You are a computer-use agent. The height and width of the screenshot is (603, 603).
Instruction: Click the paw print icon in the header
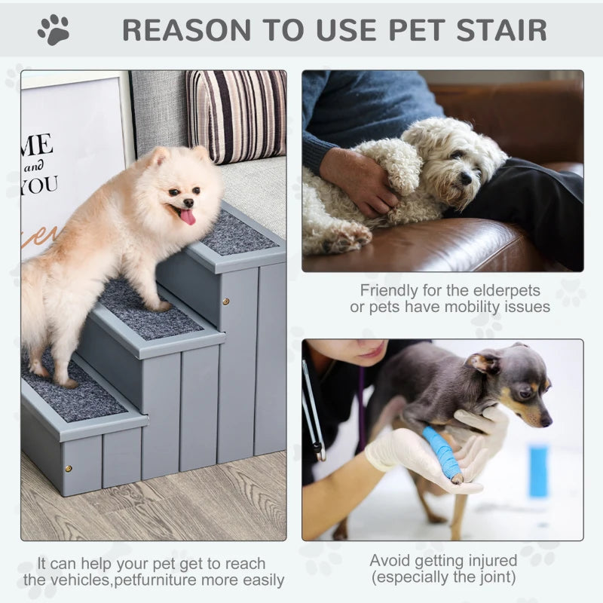pos(54,29)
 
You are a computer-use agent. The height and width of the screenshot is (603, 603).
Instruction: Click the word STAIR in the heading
pos(503,29)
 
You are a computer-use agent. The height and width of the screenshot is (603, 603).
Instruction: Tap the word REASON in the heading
pos(180,29)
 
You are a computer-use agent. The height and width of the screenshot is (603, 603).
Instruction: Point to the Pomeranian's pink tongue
pos(187,217)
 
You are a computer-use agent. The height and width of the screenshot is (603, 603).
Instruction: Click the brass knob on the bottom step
pos(68,467)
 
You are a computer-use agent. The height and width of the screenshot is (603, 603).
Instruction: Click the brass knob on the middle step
pos(226,301)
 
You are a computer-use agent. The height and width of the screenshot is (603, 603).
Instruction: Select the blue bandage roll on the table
pos(537,470)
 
